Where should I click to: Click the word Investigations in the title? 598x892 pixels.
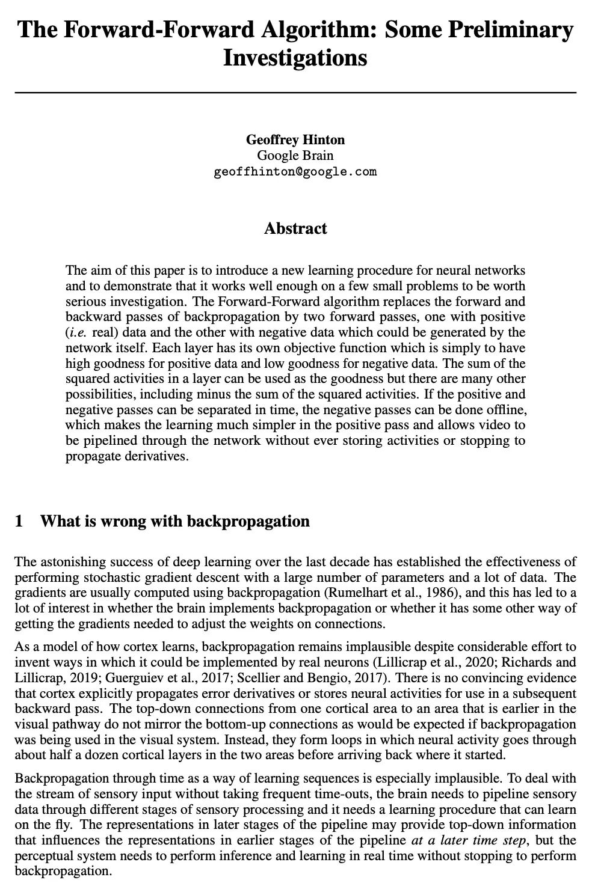coord(295,58)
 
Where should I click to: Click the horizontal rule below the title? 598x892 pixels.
coord(295,93)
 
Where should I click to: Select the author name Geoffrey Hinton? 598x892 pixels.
coord(295,140)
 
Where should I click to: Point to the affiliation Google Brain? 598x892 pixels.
coord(295,156)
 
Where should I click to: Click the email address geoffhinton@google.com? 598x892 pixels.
coord(295,172)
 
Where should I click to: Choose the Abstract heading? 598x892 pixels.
coord(295,228)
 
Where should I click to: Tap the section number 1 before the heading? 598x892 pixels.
coord(19,521)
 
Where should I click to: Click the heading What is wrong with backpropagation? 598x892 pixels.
coord(174,521)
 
